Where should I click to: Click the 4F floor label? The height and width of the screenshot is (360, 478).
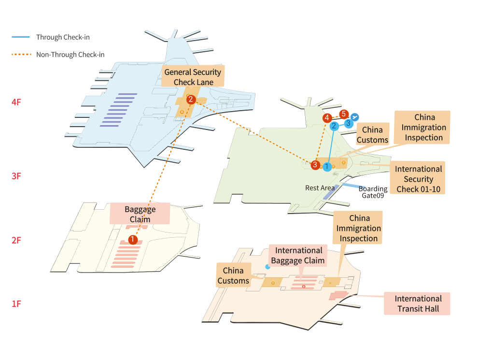coord(17,102)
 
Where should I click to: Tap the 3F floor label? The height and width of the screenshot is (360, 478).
coord(17,176)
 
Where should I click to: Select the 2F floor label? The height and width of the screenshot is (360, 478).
coord(17,240)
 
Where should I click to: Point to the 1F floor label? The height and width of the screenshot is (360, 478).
coord(17,304)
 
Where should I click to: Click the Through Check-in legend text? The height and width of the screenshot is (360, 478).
coord(63,37)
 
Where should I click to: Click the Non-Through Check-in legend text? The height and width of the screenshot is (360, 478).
coord(70,55)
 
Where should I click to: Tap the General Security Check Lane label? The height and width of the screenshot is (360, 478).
coord(193,77)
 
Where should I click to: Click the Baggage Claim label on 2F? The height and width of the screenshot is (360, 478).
coord(140,214)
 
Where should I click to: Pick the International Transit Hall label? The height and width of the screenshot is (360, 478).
coord(418,303)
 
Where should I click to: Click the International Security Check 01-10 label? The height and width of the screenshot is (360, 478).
coord(418,179)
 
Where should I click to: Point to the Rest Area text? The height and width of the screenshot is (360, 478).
coord(320,188)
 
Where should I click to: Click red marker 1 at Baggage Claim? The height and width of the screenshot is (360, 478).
coord(133,239)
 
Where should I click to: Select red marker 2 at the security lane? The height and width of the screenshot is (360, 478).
coord(191,100)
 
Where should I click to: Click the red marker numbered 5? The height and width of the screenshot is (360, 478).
coord(343,114)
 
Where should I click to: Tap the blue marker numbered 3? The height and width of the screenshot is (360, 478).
coord(348,123)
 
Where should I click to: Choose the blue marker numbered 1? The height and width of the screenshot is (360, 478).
coord(327,167)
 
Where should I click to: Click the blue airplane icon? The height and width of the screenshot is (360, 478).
coord(355,117)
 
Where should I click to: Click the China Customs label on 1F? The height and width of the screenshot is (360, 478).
coord(233,275)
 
